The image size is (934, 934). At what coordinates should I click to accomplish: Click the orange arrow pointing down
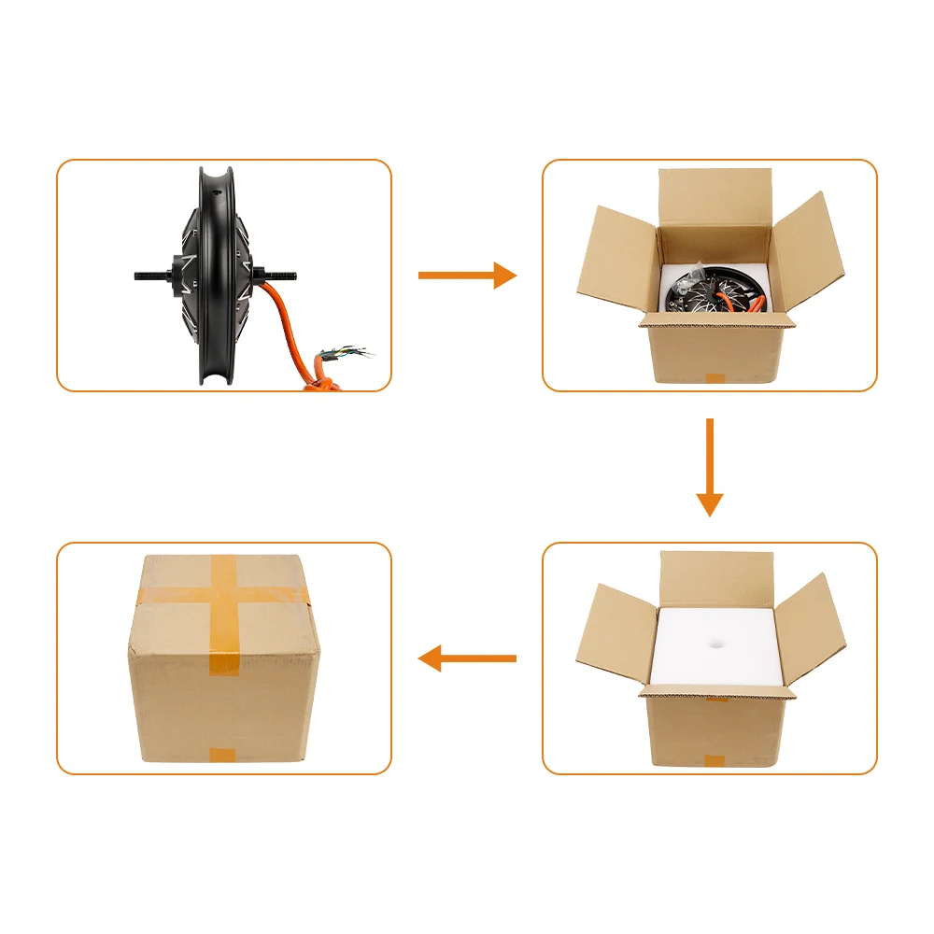[710, 467]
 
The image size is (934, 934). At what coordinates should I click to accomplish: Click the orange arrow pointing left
[467, 658]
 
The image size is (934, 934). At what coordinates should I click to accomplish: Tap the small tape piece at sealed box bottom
[222, 755]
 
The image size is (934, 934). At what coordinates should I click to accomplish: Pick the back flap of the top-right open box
[715, 196]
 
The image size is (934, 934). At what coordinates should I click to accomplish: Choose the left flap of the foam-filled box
[612, 635]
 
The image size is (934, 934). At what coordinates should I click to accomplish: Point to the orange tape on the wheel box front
[715, 379]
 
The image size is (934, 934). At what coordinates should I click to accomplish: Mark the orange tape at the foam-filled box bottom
[715, 760]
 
